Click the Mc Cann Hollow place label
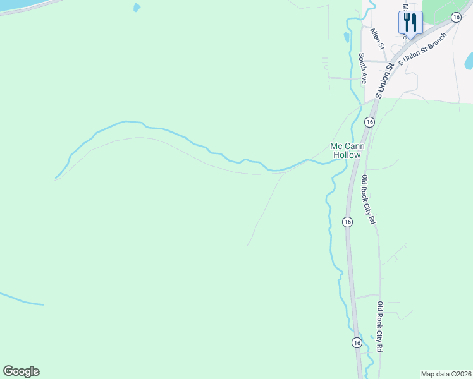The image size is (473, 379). [345, 150]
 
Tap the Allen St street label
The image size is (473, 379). [378, 39]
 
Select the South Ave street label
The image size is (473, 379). [363, 68]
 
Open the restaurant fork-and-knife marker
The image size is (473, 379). [410, 23]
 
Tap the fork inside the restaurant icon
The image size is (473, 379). [407, 21]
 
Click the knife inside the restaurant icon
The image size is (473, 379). [414, 21]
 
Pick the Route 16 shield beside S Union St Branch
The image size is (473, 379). [456, 17]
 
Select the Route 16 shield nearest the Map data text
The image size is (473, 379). [357, 342]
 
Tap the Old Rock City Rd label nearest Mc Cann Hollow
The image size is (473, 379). [368, 200]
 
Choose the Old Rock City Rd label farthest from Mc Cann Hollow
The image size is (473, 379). [380, 327]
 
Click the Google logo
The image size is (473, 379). [21, 371]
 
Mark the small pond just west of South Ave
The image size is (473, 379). [346, 37]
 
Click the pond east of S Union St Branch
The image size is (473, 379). [469, 61]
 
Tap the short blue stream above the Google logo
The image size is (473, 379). [22, 299]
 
